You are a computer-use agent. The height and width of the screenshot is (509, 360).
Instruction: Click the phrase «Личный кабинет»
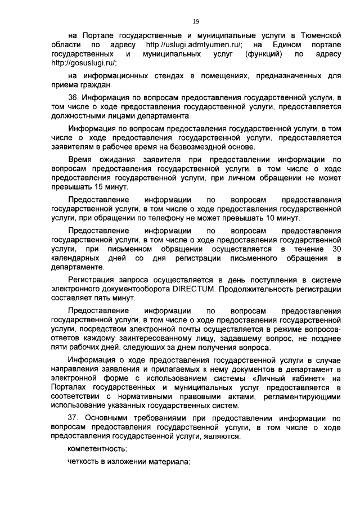click(292, 379)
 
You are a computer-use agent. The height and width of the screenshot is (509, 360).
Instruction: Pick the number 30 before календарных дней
click(336, 249)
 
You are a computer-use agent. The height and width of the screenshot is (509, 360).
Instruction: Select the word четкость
click(84, 462)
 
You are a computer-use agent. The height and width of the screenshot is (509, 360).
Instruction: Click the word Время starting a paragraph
click(80, 159)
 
